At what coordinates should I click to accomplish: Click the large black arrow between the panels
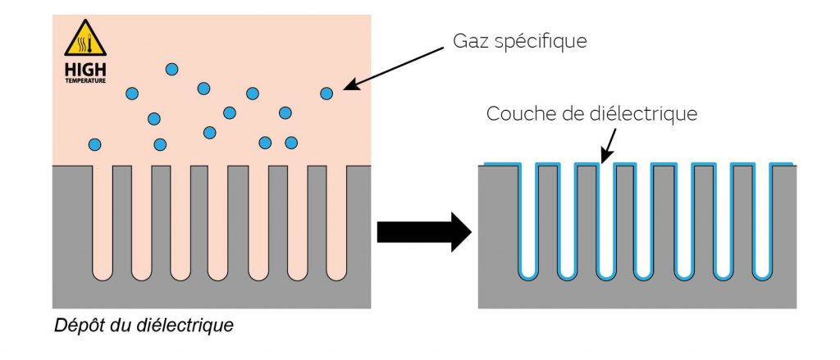coord(422,233)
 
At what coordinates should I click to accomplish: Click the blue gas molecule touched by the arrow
coord(327,94)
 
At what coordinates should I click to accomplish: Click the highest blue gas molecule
coord(171,70)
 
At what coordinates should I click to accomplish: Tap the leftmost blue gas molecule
coord(95,145)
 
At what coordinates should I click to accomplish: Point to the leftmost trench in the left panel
coord(103,221)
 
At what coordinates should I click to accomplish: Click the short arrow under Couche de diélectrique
coord(608,148)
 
